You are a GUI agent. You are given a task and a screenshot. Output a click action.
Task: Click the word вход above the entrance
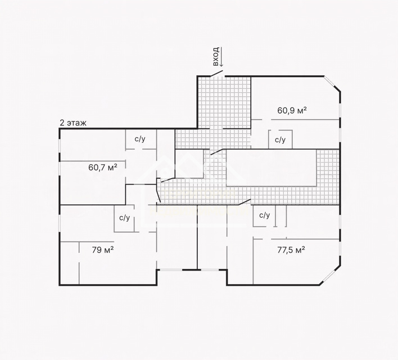(216, 56)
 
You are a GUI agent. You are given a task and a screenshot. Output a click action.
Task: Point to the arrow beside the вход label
(221, 57)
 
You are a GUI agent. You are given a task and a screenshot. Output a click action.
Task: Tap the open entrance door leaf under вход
(216, 74)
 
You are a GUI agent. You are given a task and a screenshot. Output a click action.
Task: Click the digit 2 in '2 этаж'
(62, 123)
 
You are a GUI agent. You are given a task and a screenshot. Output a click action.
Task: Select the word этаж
(76, 123)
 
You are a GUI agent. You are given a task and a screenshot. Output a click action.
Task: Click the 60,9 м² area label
(292, 110)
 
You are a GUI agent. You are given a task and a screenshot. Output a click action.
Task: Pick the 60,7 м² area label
(103, 167)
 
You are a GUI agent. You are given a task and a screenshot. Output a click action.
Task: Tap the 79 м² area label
(103, 250)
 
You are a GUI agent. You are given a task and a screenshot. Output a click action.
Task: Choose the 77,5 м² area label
(291, 250)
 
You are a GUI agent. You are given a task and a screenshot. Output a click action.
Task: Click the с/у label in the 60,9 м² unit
(280, 139)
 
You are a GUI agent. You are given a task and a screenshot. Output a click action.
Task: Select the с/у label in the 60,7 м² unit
(140, 139)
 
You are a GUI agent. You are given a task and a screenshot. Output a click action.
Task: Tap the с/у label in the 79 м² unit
(125, 218)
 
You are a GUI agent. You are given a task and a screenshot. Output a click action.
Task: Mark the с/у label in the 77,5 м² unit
(264, 215)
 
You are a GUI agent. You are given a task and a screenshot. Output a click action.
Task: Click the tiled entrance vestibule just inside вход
(224, 102)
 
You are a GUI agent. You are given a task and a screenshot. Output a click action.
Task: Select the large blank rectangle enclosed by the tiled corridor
(271, 168)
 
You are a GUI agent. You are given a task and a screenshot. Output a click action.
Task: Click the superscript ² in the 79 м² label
(112, 248)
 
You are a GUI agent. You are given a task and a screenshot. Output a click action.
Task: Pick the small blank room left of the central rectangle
(189, 163)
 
